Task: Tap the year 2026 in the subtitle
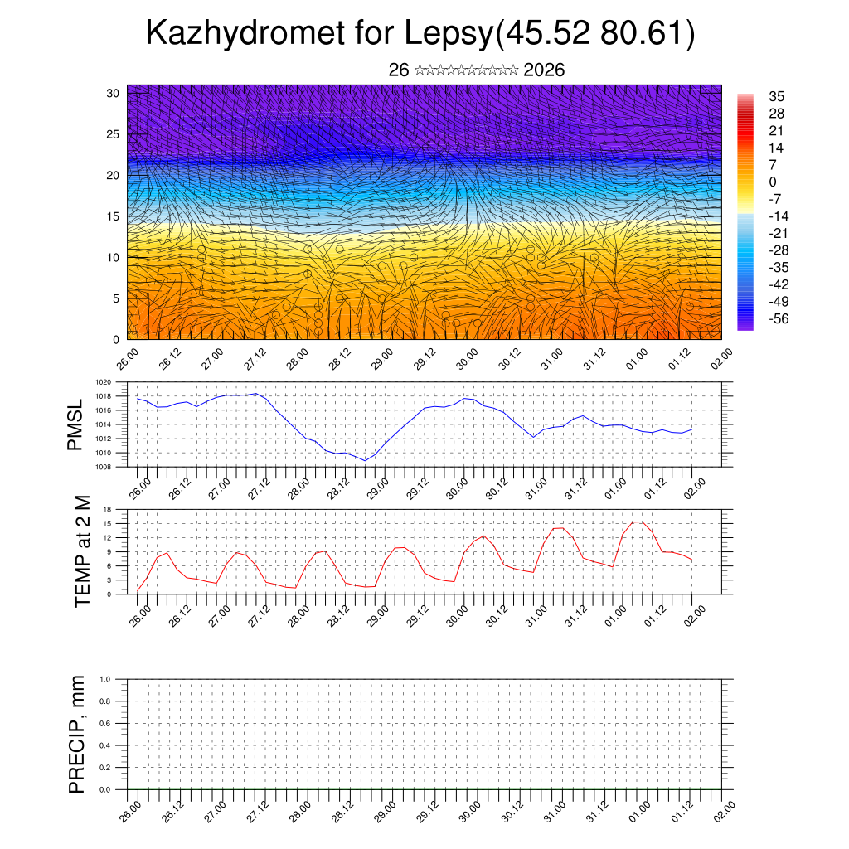point(544,70)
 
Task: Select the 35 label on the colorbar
point(778,96)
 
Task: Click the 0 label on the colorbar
point(774,182)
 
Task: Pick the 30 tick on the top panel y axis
point(114,93)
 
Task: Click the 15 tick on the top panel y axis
point(114,216)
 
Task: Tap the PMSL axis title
point(76,425)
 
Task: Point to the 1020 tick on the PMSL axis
point(104,382)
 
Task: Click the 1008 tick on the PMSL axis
point(104,467)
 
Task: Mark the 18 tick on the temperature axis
point(108,509)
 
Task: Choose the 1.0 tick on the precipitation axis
point(105,679)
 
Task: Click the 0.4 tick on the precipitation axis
point(105,745)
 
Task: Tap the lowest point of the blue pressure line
point(364,460)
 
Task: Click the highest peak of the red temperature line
point(636,522)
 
